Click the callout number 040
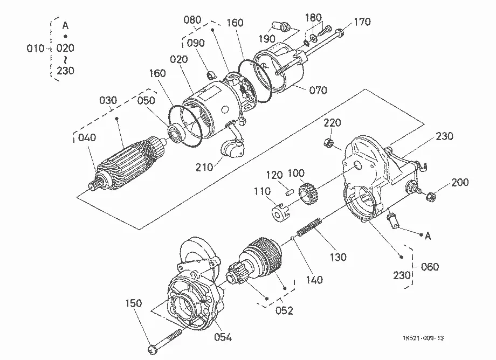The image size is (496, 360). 87,137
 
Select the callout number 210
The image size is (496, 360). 204,167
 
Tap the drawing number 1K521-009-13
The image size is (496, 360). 423,338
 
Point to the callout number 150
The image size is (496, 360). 134,303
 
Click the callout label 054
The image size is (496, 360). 223,337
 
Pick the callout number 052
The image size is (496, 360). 284,310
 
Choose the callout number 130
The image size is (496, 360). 338,257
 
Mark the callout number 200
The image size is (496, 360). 460,182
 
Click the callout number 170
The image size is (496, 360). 362,22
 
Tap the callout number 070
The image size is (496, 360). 318,90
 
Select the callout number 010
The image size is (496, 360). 36,49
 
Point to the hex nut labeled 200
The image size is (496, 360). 431,197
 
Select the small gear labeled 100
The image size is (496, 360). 308,193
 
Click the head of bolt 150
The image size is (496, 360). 152,350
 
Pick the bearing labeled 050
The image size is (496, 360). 175,131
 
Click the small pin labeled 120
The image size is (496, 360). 289,192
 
